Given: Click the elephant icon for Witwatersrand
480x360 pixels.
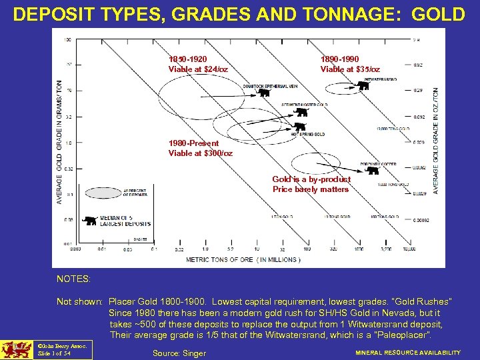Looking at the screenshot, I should (x=363, y=85).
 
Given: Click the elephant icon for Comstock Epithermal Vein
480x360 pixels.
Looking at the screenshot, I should (x=265, y=93).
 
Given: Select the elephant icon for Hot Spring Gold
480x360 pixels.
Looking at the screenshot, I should (x=299, y=127).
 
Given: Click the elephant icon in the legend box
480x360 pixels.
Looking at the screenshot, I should (x=89, y=220).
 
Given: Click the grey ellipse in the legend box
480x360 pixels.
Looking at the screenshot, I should (x=103, y=191).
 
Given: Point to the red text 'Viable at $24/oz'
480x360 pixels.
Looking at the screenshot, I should (x=198, y=69).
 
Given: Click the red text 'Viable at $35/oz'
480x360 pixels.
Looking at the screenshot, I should (x=350, y=69).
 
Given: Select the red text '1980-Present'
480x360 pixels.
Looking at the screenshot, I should (x=193, y=143).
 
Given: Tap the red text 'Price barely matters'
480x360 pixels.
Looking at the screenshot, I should (x=311, y=189).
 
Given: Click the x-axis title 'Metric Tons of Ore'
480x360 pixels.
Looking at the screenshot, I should (x=243, y=259).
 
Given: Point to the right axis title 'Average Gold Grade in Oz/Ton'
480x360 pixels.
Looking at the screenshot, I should (x=436, y=141).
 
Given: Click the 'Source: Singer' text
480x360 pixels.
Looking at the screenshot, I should (x=179, y=353).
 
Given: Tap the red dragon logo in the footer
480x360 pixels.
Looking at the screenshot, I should (x=16, y=350).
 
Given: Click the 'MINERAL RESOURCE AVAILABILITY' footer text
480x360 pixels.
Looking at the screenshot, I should (x=407, y=353).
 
